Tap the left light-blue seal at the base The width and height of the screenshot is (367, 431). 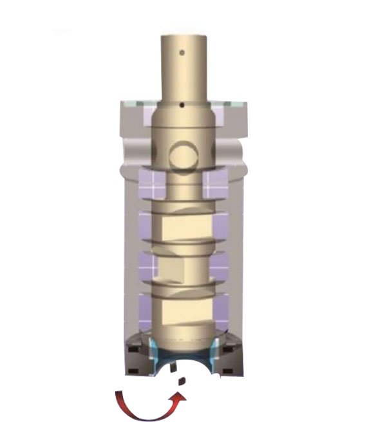[152, 354]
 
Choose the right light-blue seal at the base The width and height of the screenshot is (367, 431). [214, 354]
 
